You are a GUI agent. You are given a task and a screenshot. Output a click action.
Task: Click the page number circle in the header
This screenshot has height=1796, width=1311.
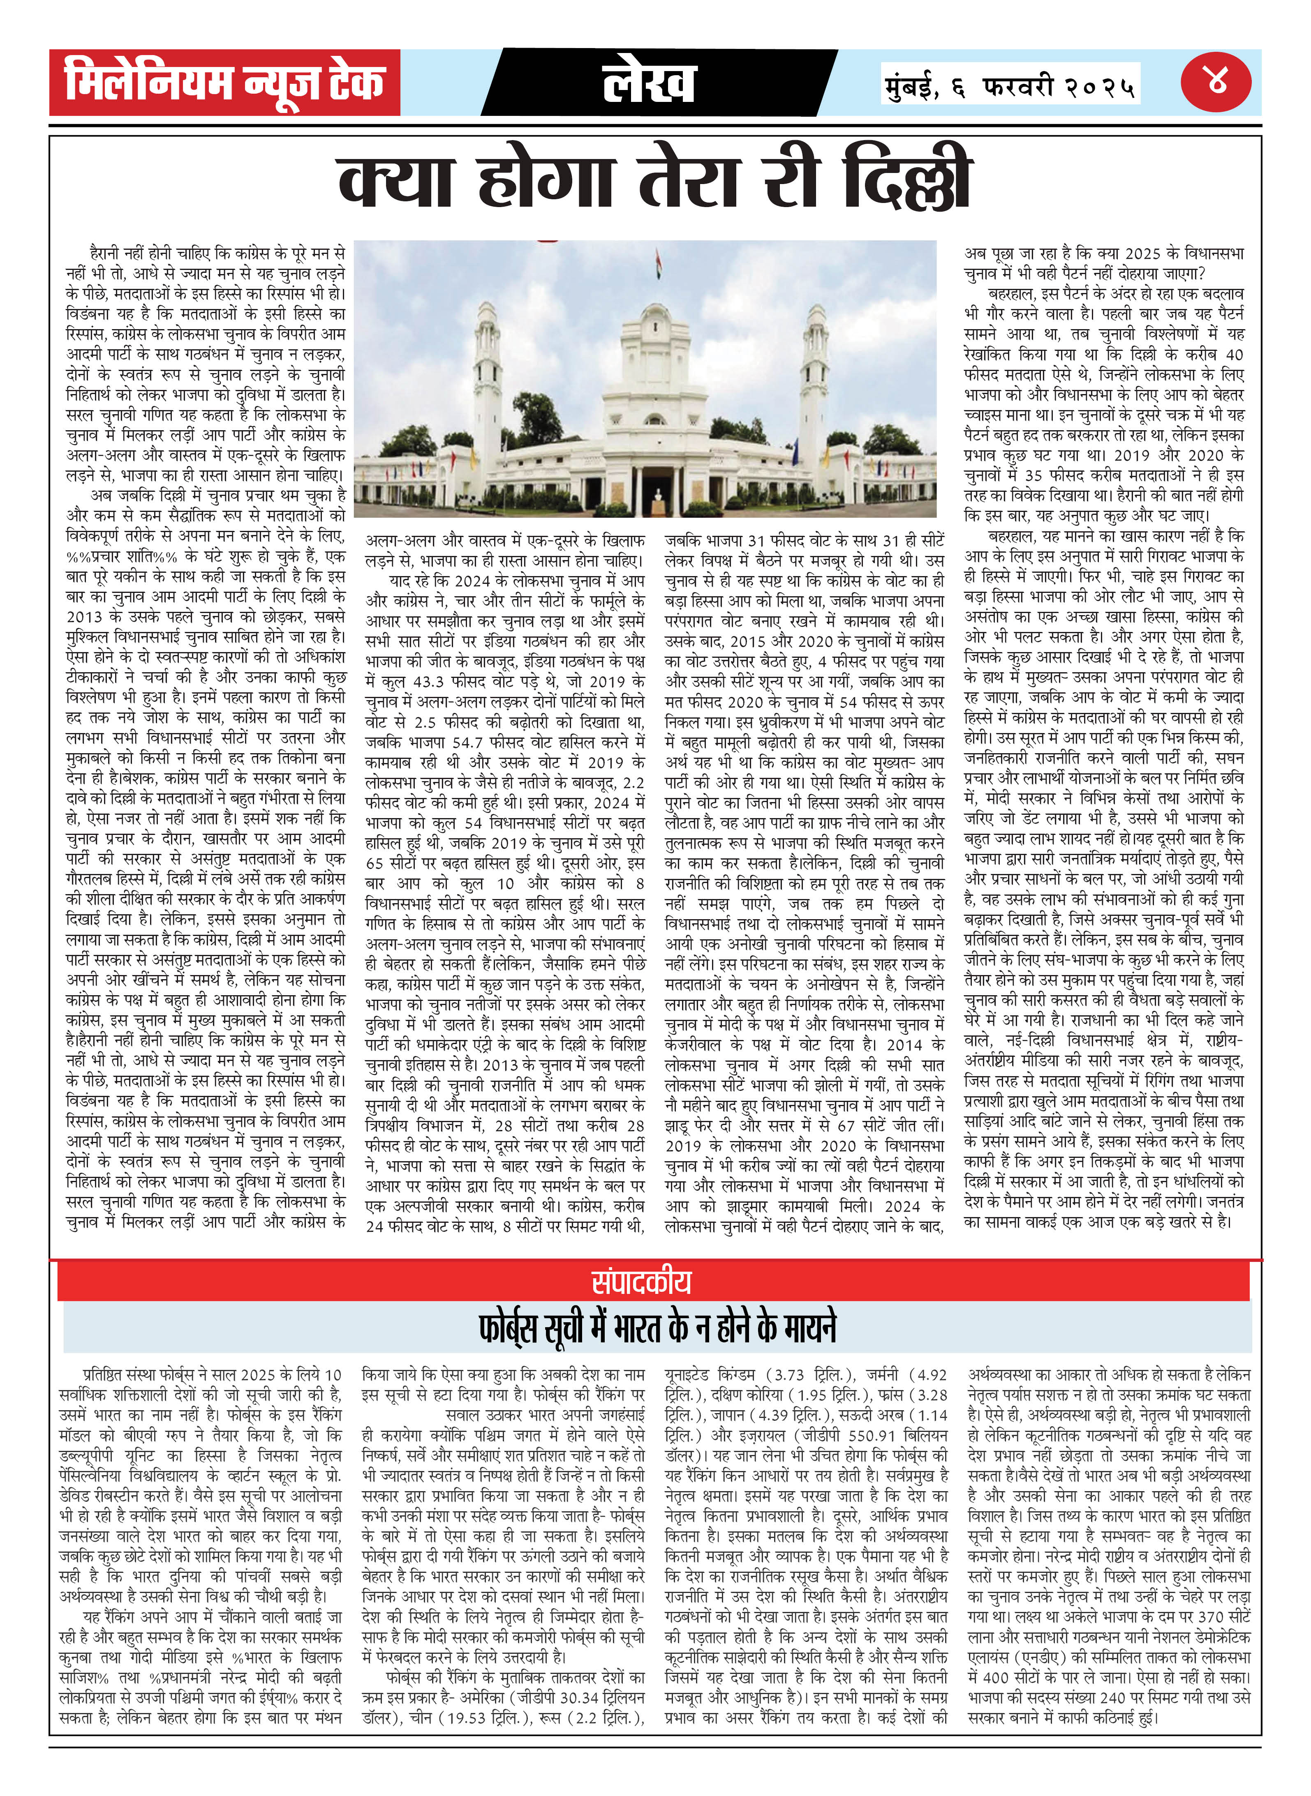1216,82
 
